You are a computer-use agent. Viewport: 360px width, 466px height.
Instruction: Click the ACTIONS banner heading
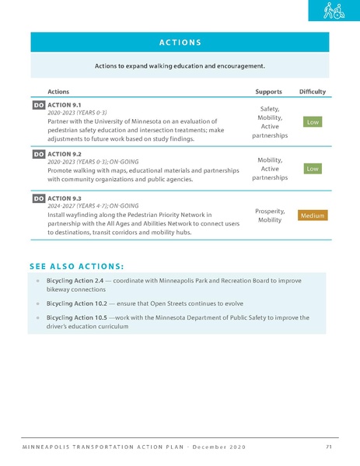coord(179,42)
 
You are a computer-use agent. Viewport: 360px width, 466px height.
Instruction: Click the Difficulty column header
coord(312,92)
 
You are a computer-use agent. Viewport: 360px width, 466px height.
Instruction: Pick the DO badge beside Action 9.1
coord(38,104)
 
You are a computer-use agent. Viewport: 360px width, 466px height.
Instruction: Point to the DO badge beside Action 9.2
coord(38,154)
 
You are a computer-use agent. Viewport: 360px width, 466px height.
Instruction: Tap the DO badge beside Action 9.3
coord(38,198)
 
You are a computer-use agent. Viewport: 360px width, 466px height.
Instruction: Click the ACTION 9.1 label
coord(65,104)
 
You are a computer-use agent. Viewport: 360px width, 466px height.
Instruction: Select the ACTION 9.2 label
coord(65,154)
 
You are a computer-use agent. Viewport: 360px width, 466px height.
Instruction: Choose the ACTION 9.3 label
coord(65,198)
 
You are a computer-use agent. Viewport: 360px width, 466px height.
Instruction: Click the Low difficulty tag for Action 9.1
coord(312,122)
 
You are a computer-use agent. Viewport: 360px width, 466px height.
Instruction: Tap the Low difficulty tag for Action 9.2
coord(312,168)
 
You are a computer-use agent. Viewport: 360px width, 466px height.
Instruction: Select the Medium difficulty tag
coord(312,215)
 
